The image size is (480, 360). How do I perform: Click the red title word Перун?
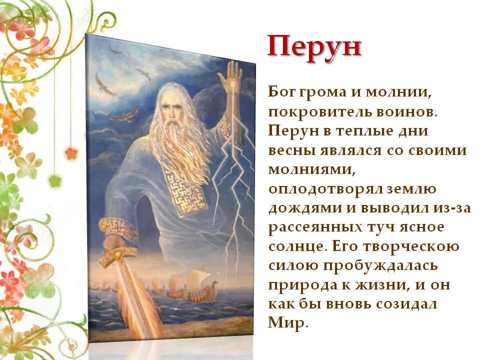(x=314, y=47)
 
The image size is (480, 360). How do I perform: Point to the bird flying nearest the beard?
(x=124, y=114)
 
